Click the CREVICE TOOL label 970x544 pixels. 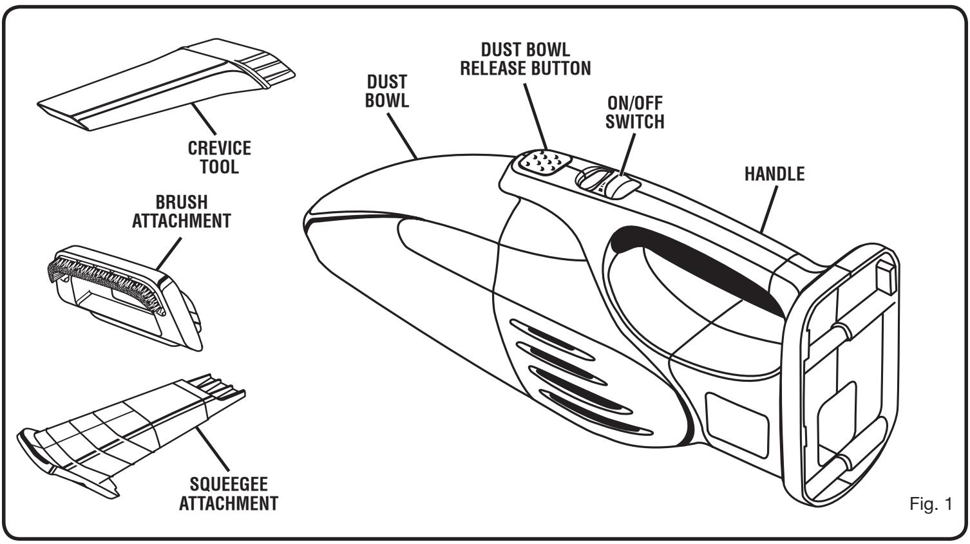tap(219, 157)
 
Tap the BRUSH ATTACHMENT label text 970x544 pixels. tap(181, 211)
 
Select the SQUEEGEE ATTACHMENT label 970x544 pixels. tap(229, 493)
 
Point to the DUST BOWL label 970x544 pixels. tap(387, 91)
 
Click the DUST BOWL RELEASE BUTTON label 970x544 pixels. tap(525, 59)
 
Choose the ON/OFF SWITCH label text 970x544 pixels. tap(634, 112)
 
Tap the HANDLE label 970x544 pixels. tap(774, 174)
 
